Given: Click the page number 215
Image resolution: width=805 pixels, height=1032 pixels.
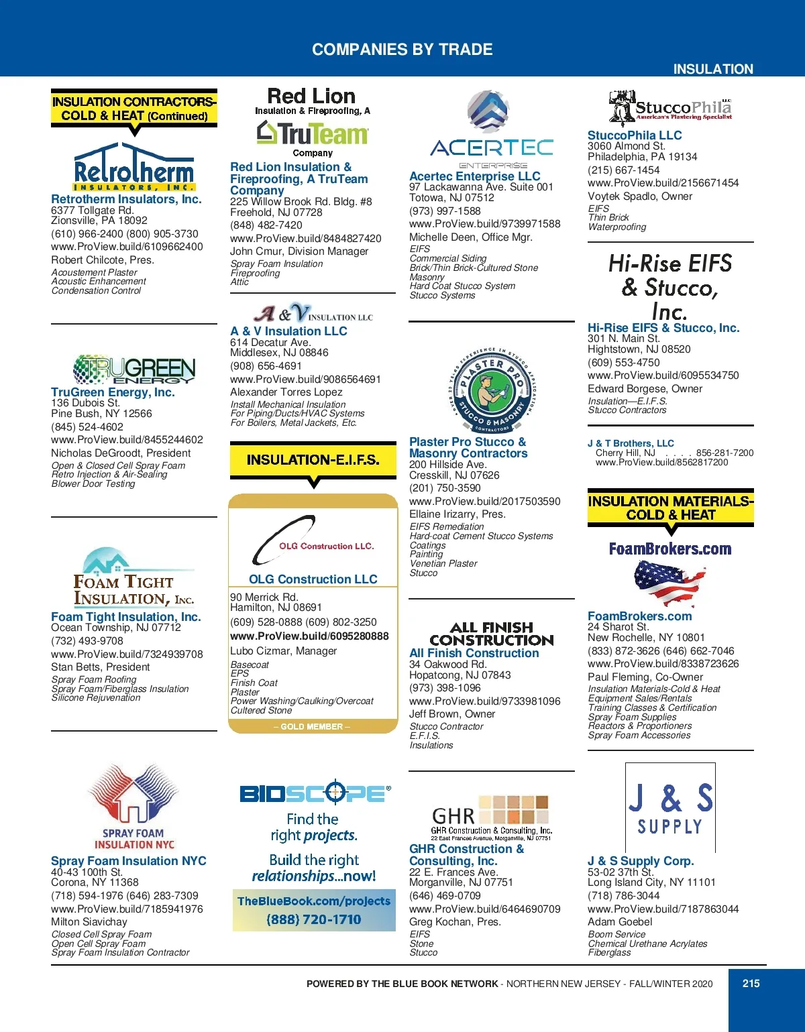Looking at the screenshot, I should tap(751, 983).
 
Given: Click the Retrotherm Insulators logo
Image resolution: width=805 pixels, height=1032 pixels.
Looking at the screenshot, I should tap(133, 167).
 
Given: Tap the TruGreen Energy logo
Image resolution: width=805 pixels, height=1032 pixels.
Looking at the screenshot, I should tap(133, 369).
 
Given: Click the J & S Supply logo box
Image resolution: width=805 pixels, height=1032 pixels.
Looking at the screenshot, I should tap(670, 807).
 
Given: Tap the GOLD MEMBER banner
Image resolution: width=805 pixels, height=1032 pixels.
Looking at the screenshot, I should tap(312, 726).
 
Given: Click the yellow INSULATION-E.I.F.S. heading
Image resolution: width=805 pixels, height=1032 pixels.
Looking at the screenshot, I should tap(313, 460).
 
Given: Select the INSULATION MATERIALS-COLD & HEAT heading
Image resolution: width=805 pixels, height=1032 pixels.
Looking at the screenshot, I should tap(670, 508).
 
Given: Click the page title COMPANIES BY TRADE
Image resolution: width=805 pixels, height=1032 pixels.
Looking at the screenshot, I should tap(402, 50).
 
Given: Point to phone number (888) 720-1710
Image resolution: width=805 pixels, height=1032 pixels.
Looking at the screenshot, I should tap(313, 919).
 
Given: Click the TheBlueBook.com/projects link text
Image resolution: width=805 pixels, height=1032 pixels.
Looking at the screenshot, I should tap(313, 901).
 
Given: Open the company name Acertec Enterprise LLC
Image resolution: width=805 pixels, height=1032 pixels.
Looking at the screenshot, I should tap(474, 176).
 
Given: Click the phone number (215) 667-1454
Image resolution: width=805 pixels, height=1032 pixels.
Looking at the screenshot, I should tap(623, 170).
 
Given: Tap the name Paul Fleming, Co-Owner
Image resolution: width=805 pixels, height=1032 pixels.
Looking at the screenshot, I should tap(645, 677).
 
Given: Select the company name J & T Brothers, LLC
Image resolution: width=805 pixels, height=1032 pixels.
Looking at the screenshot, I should tap(631, 443).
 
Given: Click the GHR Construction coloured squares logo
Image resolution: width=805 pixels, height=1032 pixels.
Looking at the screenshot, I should tap(522, 809).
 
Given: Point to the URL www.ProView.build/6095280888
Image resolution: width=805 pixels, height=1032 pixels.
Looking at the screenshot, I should tap(309, 636).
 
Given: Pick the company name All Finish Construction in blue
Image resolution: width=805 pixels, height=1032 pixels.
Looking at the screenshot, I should tap(474, 653).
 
